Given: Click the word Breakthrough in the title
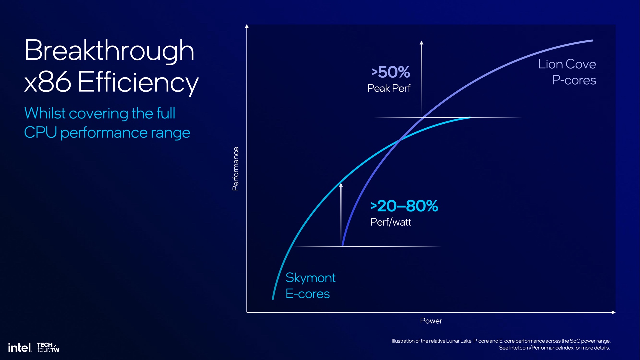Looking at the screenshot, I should [x=109, y=51].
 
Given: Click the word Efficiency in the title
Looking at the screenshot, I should [x=138, y=82].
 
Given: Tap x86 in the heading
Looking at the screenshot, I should [x=48, y=82].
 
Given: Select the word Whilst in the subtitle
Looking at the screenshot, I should [x=45, y=113].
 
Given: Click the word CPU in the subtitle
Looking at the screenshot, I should [x=40, y=133].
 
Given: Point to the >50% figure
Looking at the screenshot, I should [x=391, y=72].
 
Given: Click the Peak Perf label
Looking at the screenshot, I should [x=389, y=88].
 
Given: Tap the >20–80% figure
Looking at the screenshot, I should [x=404, y=206].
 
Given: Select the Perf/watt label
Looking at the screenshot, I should [x=391, y=222].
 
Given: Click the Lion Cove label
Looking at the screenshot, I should [x=567, y=64].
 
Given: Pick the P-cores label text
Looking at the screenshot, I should [x=574, y=80].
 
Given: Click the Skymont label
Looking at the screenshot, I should [x=310, y=278].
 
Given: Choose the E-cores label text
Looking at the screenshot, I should [x=307, y=294].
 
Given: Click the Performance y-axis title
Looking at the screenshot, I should [x=236, y=169].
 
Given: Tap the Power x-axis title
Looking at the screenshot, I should [x=431, y=321].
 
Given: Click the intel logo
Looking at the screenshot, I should [x=20, y=348].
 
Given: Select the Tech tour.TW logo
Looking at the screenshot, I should [x=48, y=347].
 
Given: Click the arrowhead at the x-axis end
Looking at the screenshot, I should [x=613, y=312].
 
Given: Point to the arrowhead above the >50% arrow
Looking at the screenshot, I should [x=421, y=43].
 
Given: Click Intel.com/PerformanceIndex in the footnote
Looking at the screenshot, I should [x=541, y=348].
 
